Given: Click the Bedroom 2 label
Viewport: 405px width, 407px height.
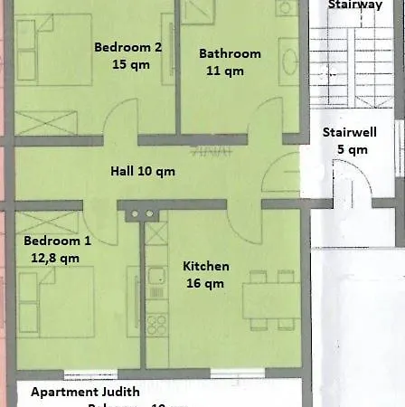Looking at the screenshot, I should click(127, 48).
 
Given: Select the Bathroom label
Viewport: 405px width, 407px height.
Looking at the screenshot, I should click(230, 53).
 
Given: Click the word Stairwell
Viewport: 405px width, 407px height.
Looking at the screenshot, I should click(350, 133).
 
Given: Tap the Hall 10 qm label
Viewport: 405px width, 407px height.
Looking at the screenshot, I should click(142, 171).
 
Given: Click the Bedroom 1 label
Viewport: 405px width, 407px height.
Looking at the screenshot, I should click(57, 241).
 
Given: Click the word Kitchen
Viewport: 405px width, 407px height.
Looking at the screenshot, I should click(206, 267).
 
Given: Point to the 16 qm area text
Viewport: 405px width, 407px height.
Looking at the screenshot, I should click(204, 284).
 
